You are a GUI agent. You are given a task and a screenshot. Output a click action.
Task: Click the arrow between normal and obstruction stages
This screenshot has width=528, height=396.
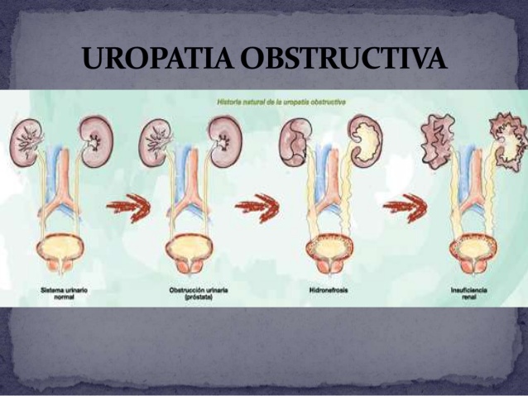click(127, 204)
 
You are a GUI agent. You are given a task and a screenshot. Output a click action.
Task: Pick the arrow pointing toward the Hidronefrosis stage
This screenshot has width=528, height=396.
click(256, 204)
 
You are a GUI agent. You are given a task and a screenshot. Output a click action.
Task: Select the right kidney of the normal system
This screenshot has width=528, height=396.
click(96, 141)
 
